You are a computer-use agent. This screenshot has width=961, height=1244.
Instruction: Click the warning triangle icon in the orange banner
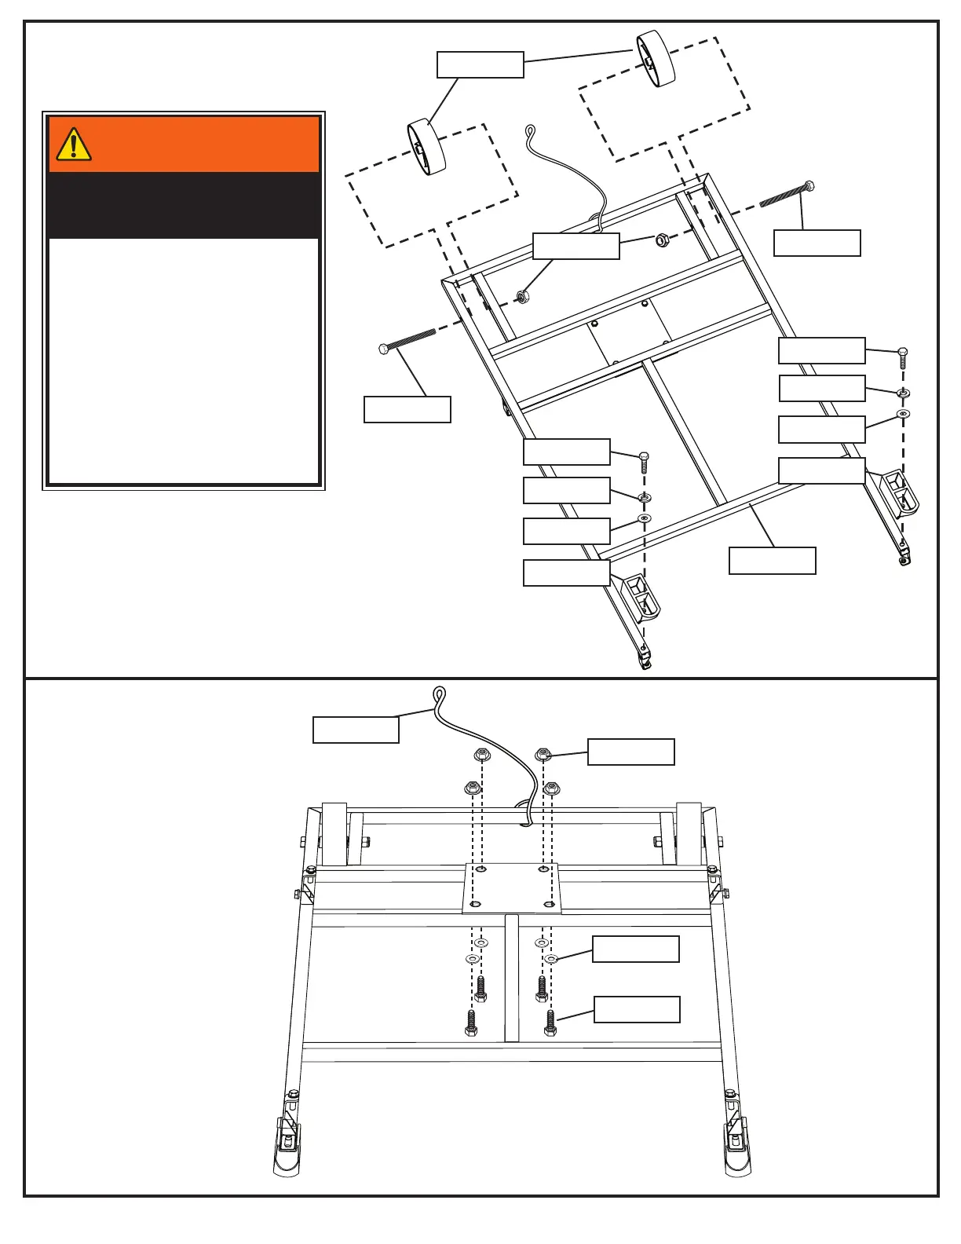coord(74,145)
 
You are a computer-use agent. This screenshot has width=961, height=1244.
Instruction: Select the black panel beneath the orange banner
coord(184,205)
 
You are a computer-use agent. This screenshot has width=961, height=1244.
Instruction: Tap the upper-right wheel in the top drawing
coord(656,58)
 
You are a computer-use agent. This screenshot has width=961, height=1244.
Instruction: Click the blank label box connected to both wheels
coord(480,64)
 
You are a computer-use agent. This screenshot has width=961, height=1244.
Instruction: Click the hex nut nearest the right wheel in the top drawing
coord(662,240)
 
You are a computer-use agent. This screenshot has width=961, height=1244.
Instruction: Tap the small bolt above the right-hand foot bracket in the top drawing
coord(903,358)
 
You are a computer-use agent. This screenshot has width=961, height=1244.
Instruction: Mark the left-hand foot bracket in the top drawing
coord(641,596)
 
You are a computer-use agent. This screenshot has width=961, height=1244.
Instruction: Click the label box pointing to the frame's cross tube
coord(772,561)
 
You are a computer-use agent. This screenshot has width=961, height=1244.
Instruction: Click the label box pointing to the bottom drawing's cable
coord(356,730)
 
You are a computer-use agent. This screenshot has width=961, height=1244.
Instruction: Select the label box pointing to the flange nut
coord(630,752)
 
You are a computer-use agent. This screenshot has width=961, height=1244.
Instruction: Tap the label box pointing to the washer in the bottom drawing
coord(635,949)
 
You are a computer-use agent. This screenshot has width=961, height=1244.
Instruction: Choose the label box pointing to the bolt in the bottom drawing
coord(637,1009)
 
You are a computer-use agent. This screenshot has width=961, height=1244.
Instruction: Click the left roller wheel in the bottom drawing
coord(334,834)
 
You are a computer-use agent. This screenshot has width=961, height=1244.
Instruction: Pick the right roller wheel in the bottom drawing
coord(689,834)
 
